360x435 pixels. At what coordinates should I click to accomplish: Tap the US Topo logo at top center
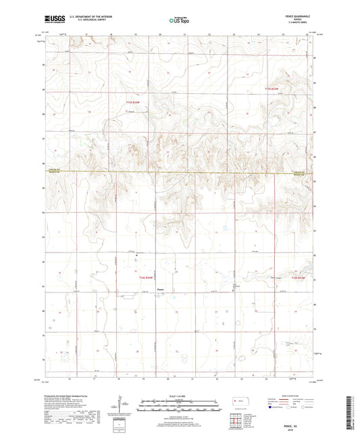179,21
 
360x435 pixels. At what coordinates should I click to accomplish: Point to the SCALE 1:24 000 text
180,396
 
